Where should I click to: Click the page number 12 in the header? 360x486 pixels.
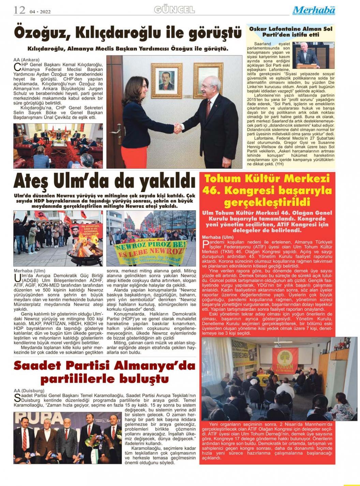19,10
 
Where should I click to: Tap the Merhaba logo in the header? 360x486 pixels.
314,11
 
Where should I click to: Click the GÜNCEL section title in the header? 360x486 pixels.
174,10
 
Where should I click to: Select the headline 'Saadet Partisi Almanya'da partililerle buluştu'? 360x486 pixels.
105,372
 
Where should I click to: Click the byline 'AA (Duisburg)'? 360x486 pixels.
29,391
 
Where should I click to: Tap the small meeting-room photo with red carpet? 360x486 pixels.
58,146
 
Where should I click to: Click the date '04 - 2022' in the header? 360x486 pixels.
40,12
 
